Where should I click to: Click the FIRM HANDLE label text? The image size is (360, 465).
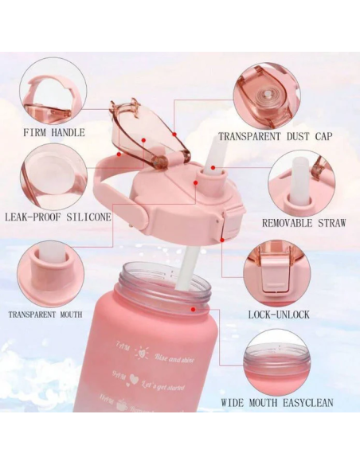(x=54, y=132)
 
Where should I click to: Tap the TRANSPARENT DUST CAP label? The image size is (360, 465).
(x=275, y=136)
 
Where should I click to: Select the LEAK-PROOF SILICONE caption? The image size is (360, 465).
(x=57, y=216)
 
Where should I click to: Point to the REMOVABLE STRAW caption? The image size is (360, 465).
(x=303, y=223)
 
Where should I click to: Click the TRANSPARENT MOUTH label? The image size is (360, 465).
(x=45, y=315)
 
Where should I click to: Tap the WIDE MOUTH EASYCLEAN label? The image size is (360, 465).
(x=277, y=403)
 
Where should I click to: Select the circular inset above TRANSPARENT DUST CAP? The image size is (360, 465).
(x=266, y=96)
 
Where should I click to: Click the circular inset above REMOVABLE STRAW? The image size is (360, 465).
(x=300, y=182)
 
